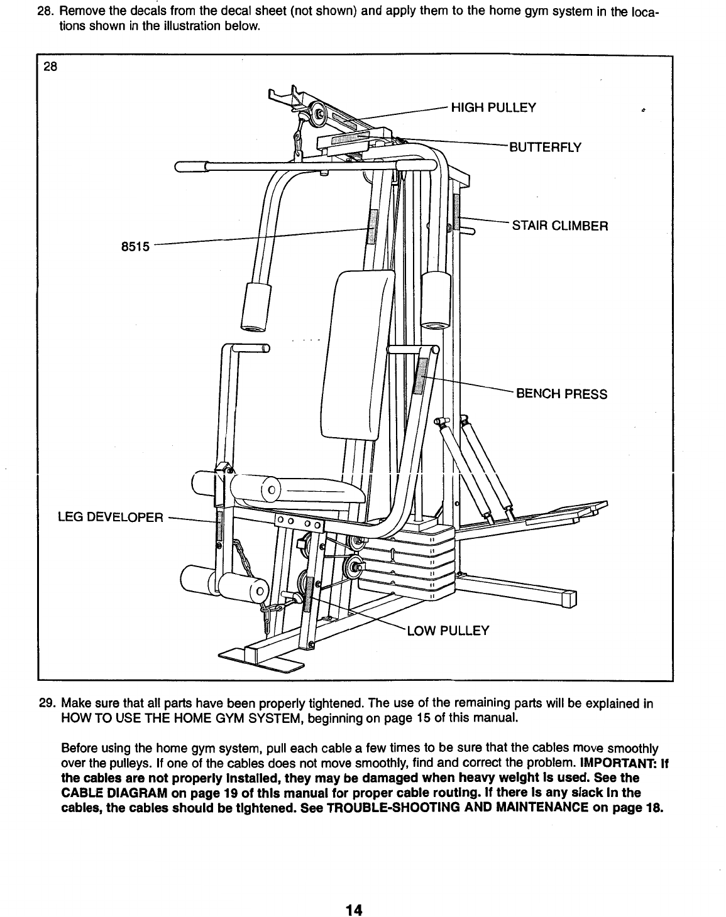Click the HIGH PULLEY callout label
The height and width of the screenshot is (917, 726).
(493, 107)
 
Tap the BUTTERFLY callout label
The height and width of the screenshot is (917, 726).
(545, 148)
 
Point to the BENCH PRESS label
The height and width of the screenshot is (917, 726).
(561, 394)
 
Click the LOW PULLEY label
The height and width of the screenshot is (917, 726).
(448, 631)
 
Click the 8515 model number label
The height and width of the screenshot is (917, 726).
(135, 247)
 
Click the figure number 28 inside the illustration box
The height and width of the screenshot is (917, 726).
(50, 70)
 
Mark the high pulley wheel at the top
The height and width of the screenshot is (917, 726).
(319, 114)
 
